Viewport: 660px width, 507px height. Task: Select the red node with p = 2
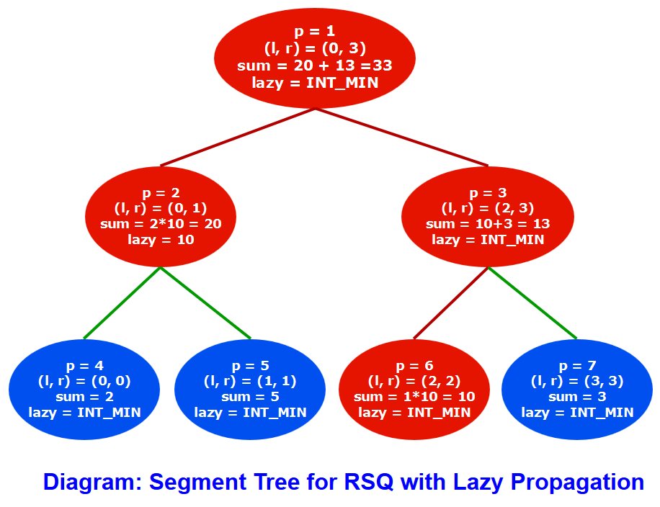click(161, 216)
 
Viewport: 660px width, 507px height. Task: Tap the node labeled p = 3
click(488, 216)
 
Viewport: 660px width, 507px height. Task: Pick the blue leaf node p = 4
click(84, 389)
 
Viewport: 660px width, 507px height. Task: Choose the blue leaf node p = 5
click(250, 389)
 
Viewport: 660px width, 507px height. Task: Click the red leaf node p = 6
click(414, 389)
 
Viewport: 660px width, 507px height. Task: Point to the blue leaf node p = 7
click(577, 389)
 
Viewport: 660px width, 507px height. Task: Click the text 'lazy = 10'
click(161, 240)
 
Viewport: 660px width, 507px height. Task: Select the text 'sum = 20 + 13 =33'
click(315, 66)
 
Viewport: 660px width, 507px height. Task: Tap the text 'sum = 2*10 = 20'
click(161, 224)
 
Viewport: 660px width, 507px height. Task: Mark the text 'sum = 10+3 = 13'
click(488, 224)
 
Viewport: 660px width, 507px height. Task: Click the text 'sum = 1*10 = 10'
click(414, 397)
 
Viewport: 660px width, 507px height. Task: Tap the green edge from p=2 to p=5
click(205, 302)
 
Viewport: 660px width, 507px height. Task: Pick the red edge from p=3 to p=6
click(451, 302)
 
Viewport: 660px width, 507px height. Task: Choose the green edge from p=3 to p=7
click(532, 302)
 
